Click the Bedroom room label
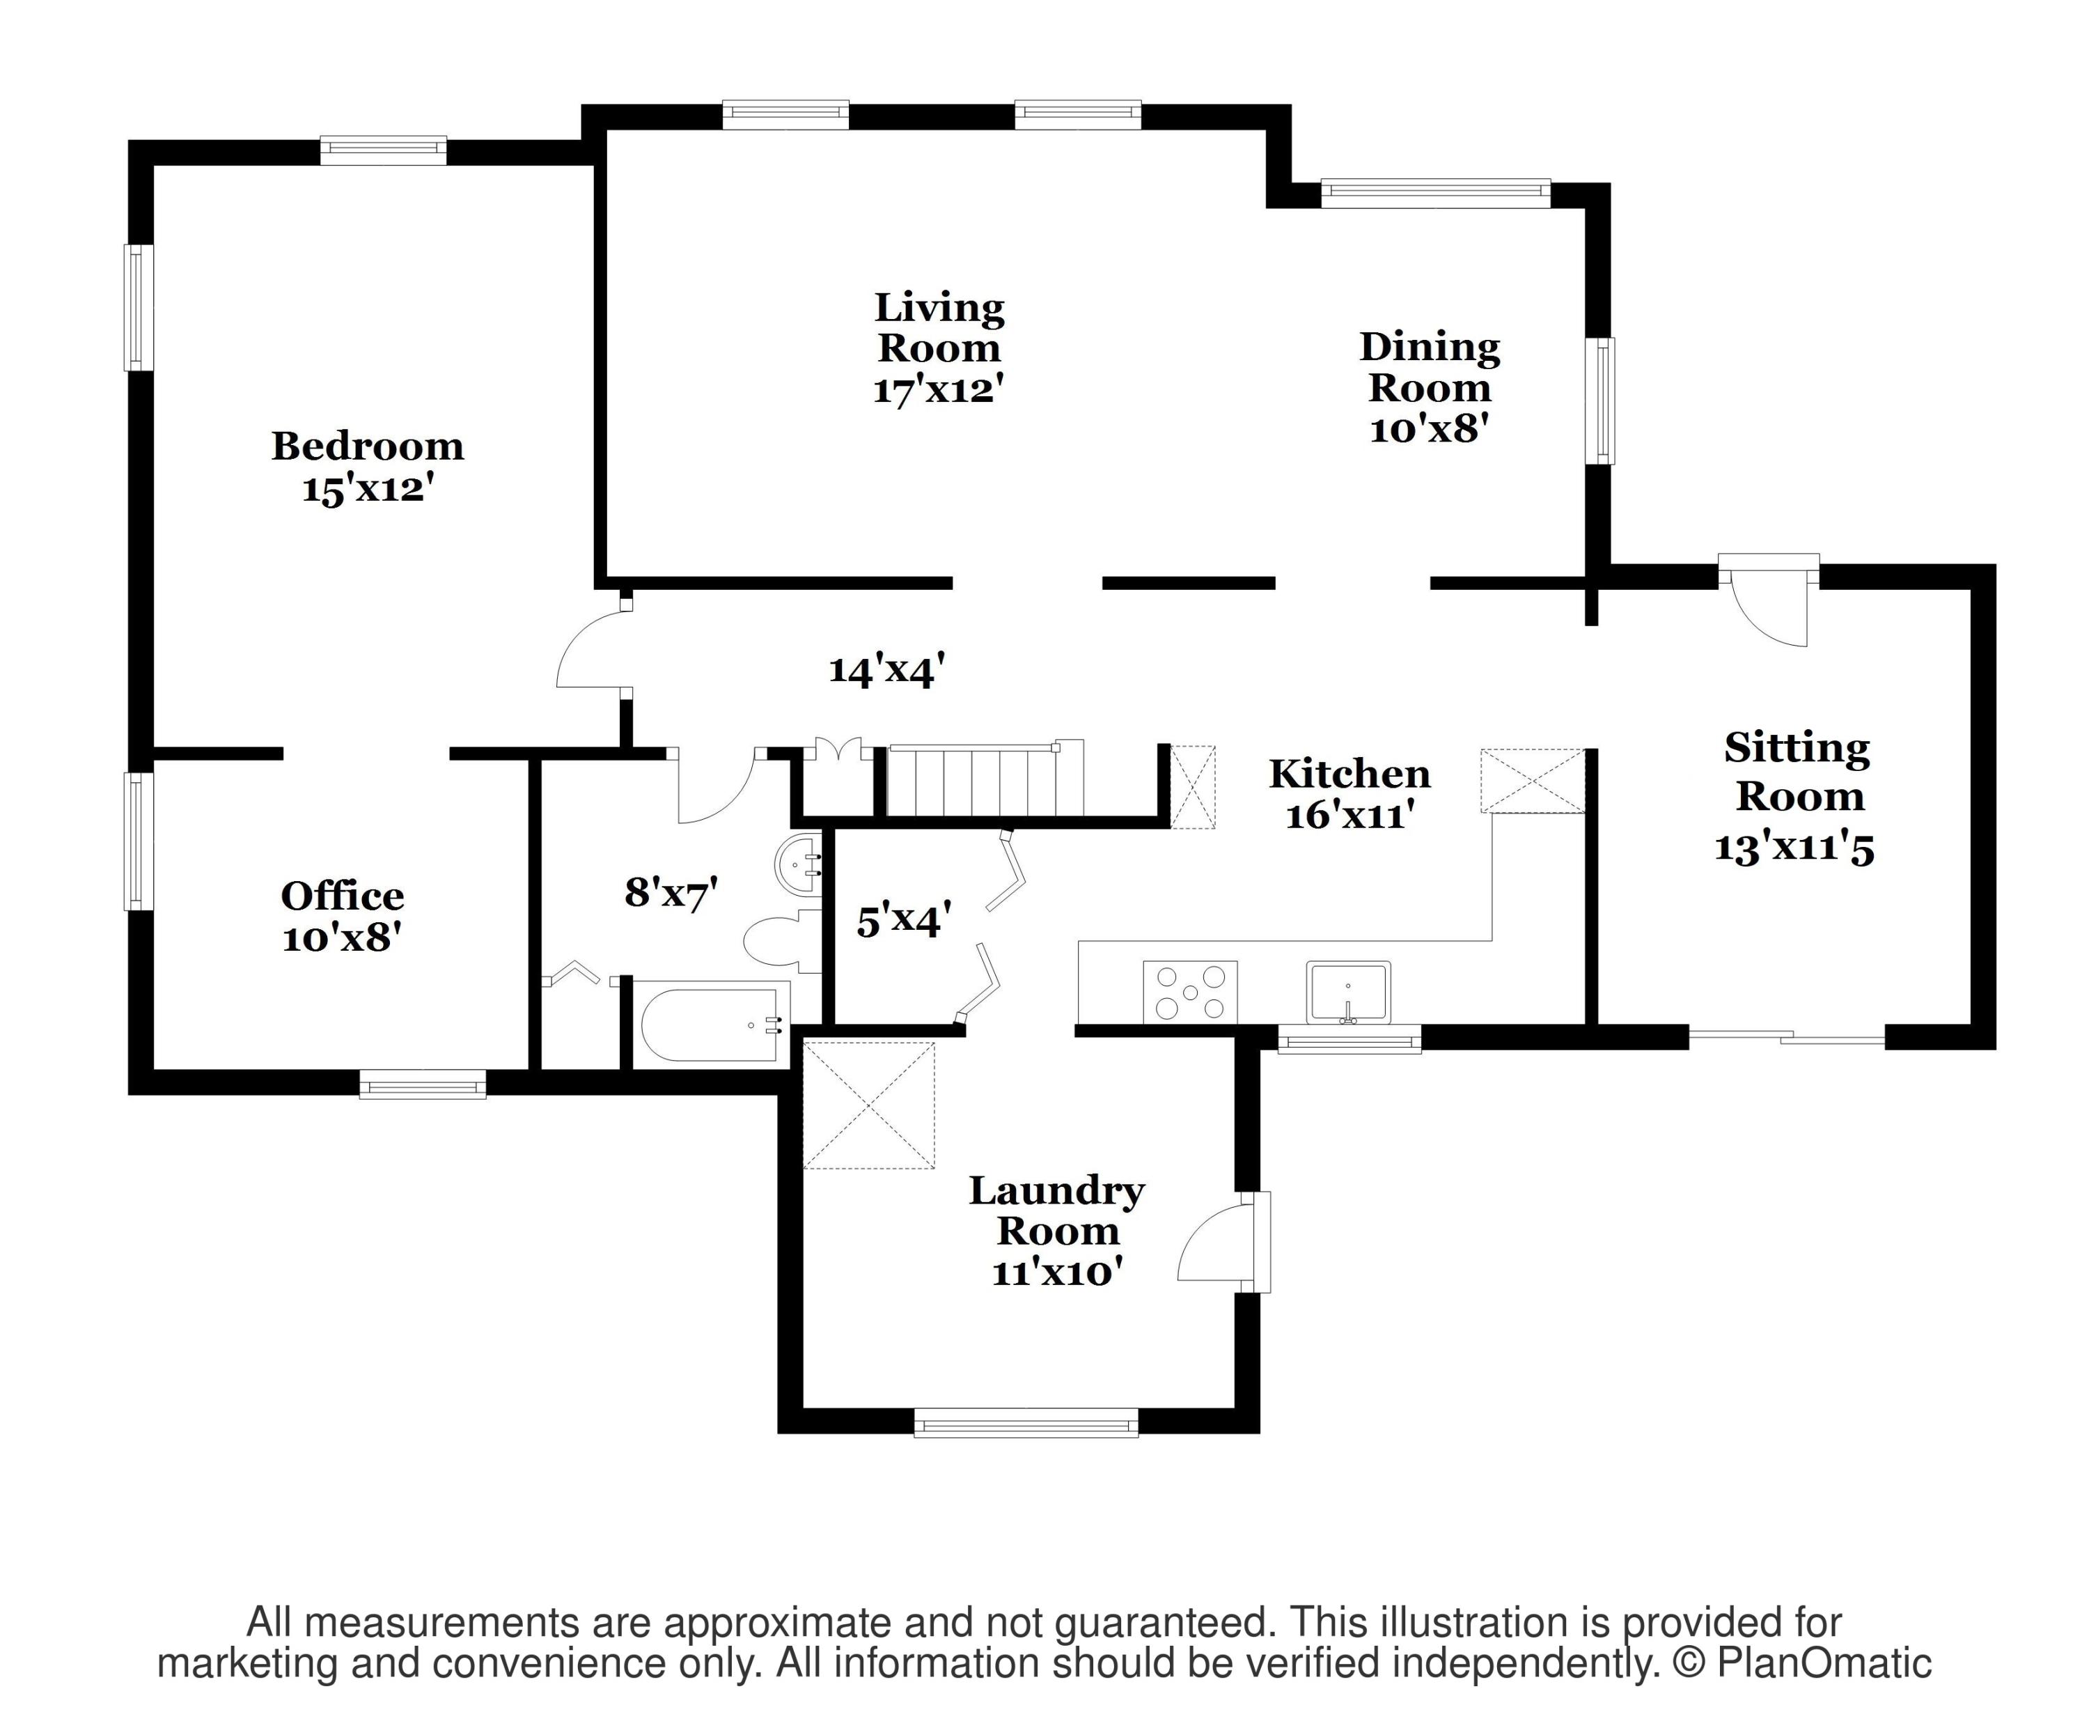pos(368,446)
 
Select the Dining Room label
pos(1430,367)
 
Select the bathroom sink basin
pos(798,864)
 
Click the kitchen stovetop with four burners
pos(1190,991)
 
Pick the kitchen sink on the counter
pos(1348,992)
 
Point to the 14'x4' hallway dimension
pos(886,671)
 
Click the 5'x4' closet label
pos(903,920)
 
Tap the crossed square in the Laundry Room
pos(870,1105)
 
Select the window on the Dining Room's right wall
pos(1599,401)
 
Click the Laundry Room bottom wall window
pos(1026,1423)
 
